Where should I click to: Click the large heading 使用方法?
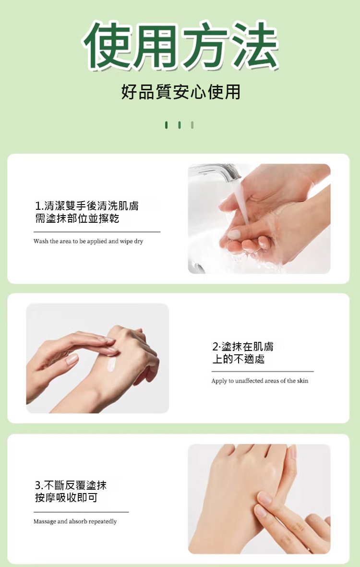coord(180,46)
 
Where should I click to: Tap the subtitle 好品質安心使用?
coord(180,91)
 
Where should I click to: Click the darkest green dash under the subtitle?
coord(166,125)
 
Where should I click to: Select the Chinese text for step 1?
coord(86,212)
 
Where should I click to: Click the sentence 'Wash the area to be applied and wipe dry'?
coord(88,241)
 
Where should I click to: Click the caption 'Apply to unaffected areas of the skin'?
coord(260,381)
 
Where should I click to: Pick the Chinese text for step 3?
coord(71,491)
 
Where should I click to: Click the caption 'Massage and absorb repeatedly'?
coord(75,521)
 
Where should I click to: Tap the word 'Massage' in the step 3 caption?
coord(45,521)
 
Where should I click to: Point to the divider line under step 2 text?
coord(263,372)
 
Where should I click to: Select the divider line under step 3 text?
coord(81,512)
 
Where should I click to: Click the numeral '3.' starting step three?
coord(39,485)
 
